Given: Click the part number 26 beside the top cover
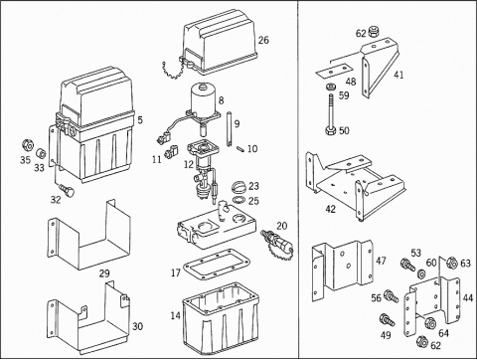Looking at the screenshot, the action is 263,40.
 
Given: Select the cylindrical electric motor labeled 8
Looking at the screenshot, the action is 202,98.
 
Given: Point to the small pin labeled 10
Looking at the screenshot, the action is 241,148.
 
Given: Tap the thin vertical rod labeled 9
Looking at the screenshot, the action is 230,129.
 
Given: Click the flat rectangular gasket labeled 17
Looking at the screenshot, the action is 216,265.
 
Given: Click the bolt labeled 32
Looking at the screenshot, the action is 68,191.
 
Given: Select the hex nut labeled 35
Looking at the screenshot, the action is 28,145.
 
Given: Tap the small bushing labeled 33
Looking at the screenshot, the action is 42,153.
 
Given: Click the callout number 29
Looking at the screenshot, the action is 104,273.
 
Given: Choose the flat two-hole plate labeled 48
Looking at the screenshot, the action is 333,71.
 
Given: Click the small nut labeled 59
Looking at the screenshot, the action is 330,88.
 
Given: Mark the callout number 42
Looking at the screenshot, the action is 331,209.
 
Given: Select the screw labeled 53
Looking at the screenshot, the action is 407,265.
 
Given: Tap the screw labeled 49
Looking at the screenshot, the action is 388,319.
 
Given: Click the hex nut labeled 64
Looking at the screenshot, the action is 430,323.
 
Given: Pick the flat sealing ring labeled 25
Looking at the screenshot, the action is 238,200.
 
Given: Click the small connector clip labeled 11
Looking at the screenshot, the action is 171,150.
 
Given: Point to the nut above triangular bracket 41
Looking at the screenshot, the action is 374,31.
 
